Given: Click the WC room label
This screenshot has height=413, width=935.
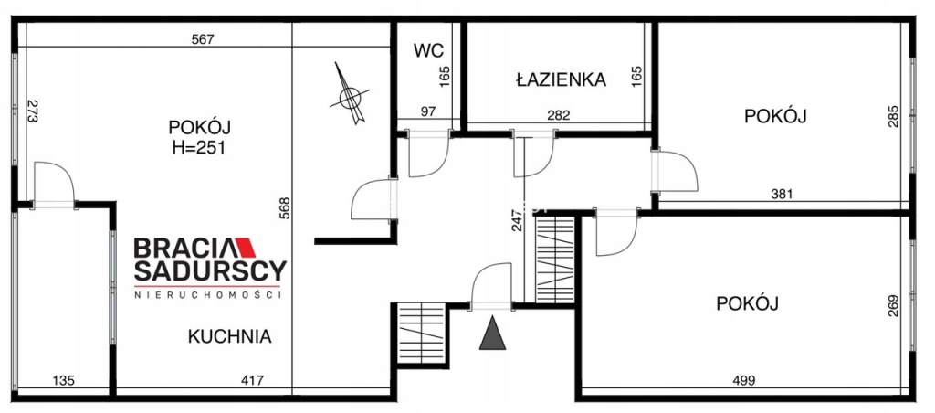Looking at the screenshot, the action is [x=429, y=51].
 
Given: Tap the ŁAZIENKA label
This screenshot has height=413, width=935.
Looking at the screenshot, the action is [x=562, y=79].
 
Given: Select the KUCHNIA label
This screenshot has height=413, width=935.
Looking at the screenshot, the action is [x=229, y=336].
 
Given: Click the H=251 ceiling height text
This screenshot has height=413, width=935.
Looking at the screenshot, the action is [x=199, y=147].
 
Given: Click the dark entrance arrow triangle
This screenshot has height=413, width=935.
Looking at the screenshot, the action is [x=492, y=333].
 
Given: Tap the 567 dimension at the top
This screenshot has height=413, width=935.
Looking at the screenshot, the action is [x=203, y=40].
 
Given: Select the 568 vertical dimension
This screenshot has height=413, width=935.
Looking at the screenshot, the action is [x=285, y=208].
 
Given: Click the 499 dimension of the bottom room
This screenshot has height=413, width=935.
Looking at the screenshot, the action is [x=743, y=380].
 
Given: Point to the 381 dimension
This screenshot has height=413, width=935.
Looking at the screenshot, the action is [x=782, y=194].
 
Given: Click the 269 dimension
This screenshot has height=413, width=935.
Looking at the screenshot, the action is [x=893, y=305].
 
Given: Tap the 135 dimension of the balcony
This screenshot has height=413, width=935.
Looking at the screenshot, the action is [x=64, y=380].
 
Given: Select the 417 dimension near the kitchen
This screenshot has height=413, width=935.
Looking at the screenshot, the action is [x=253, y=380].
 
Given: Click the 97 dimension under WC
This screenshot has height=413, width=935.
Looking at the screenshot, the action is [x=428, y=111].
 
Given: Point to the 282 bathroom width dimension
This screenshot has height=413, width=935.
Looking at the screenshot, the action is [x=559, y=115].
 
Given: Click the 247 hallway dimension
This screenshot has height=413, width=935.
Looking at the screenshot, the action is [x=517, y=219].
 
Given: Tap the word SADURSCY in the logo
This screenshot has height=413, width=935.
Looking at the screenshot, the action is [x=210, y=271].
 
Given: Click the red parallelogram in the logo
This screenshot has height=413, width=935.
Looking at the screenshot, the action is [x=245, y=248].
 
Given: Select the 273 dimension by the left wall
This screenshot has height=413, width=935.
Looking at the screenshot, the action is [x=32, y=111].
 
